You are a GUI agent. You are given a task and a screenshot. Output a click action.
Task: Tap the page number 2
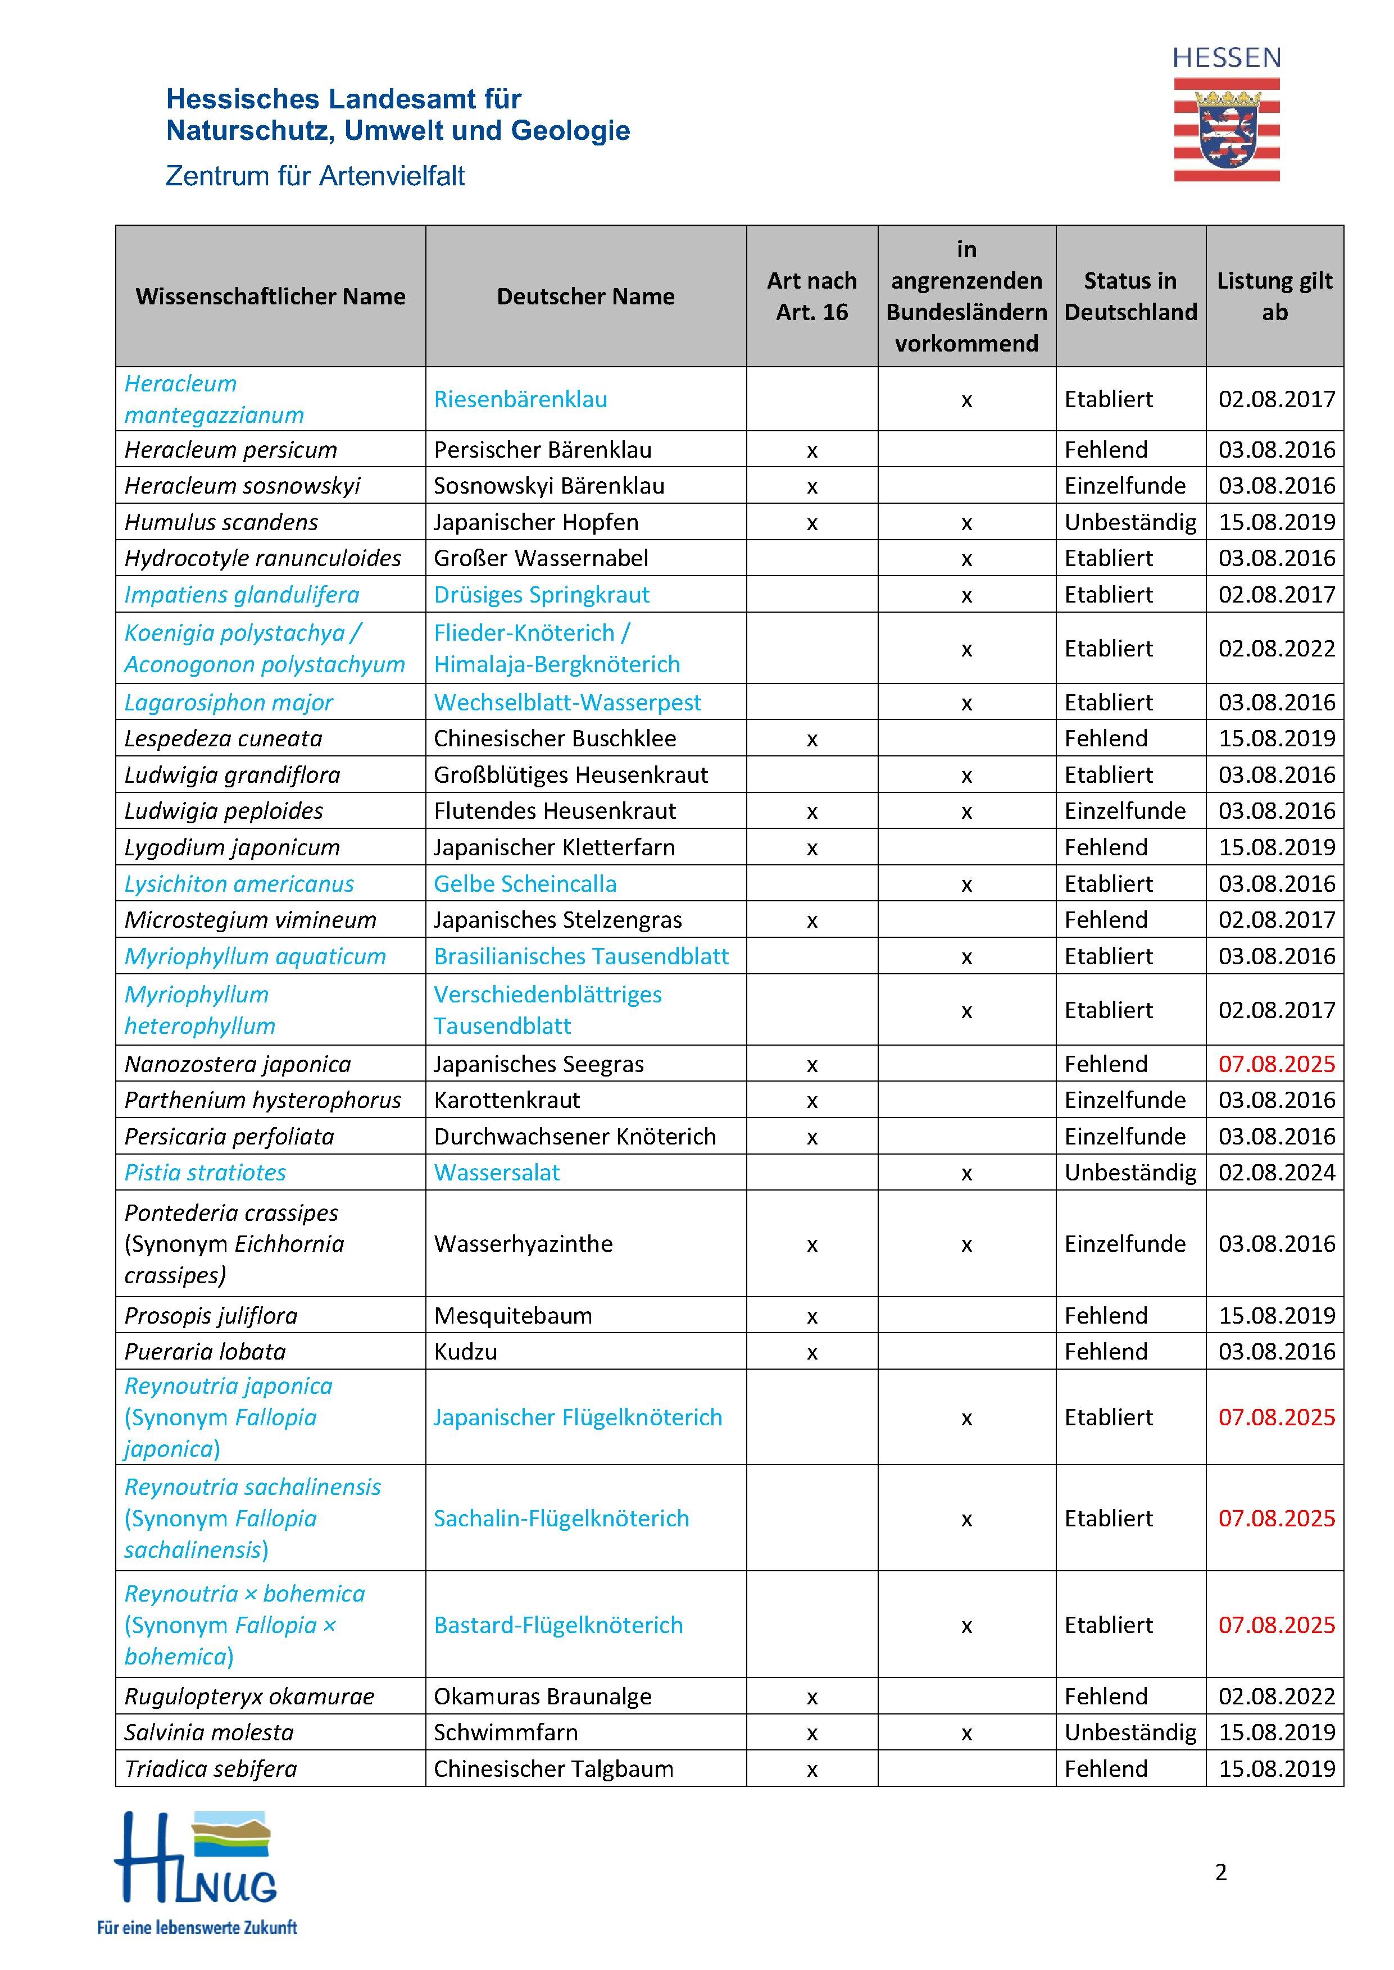(1220, 1872)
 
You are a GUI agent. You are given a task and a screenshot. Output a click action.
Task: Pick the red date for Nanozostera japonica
(1277, 1064)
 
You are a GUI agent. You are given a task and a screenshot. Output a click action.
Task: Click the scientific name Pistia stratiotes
(205, 1173)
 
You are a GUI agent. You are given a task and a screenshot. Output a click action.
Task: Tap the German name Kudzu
(465, 1351)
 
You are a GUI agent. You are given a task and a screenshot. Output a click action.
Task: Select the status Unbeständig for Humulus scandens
(1129, 522)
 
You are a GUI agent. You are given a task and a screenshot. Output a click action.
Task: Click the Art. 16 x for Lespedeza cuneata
(812, 740)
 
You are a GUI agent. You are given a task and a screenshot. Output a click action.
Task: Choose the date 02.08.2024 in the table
(1277, 1173)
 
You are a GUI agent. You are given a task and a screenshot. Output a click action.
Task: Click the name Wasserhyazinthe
(523, 1244)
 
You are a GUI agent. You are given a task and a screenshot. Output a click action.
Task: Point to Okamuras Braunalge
(543, 1697)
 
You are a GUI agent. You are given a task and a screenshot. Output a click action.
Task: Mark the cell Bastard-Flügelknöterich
(558, 1625)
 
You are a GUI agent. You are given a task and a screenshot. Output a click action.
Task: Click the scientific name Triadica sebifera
(210, 1768)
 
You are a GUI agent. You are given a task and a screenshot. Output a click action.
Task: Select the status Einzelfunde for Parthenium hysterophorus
(1124, 1100)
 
